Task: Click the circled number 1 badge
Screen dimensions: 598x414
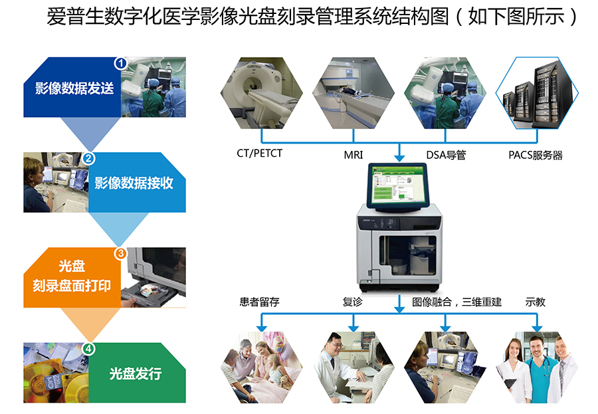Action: click(x=121, y=63)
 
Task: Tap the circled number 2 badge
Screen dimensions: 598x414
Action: click(x=89, y=158)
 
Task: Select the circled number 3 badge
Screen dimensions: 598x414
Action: click(x=121, y=253)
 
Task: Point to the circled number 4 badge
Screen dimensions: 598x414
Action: click(x=89, y=348)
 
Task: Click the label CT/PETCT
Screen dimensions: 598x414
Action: click(x=260, y=154)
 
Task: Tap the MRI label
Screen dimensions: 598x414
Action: click(x=353, y=155)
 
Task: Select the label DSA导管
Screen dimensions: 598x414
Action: click(x=446, y=155)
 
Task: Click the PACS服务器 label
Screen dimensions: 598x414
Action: click(x=536, y=155)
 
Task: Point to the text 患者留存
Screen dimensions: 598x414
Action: click(x=259, y=302)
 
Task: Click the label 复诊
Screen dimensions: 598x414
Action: click(x=352, y=302)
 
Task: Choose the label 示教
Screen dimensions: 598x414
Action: click(x=536, y=302)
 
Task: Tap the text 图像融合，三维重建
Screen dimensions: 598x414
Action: click(x=457, y=302)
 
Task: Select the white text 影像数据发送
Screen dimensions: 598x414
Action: click(x=74, y=88)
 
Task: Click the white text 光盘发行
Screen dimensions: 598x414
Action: click(x=136, y=373)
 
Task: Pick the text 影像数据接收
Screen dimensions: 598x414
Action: click(x=134, y=183)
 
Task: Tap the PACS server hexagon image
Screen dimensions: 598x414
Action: click(x=537, y=93)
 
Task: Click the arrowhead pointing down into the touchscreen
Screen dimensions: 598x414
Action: click(x=399, y=157)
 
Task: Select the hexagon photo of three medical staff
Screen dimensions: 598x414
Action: click(x=537, y=367)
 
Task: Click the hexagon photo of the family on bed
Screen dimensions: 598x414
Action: click(x=262, y=367)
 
